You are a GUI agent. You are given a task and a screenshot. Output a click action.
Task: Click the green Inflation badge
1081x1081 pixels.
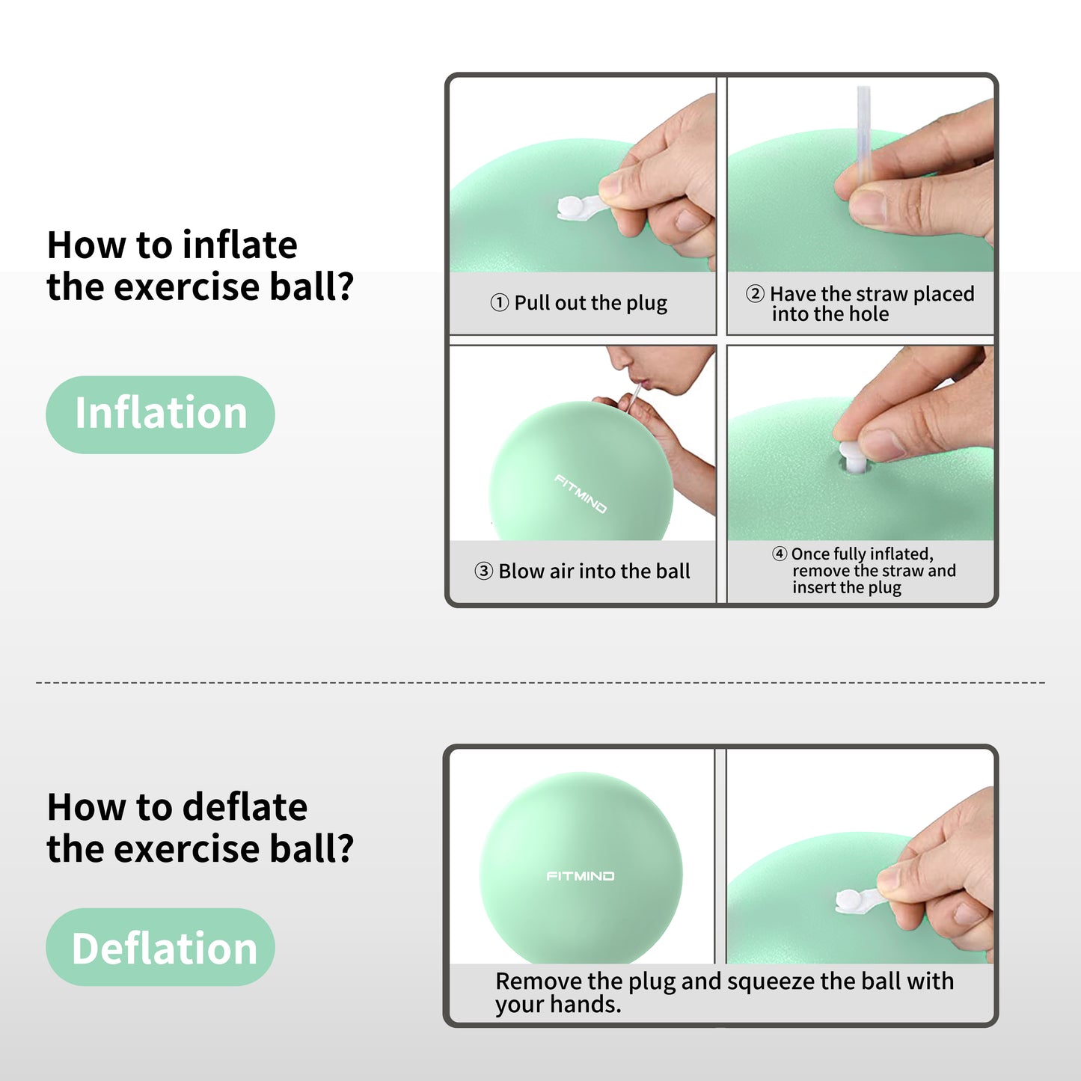pyautogui.click(x=160, y=414)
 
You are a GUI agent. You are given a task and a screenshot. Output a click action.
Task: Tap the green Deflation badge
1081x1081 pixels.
pyautogui.click(x=160, y=947)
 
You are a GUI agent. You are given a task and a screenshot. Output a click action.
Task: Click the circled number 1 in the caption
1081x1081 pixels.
pyautogui.click(x=499, y=303)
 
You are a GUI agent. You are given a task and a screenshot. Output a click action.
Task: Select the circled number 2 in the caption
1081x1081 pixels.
pyautogui.click(x=755, y=293)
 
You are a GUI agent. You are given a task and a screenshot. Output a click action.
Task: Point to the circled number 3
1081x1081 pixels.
pyautogui.click(x=483, y=571)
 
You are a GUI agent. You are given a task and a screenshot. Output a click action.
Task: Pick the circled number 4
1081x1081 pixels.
pyautogui.click(x=780, y=554)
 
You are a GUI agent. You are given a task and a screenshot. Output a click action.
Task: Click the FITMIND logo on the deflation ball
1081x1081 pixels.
pyautogui.click(x=580, y=876)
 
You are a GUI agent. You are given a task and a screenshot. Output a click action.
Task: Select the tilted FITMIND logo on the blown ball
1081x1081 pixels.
pyautogui.click(x=580, y=494)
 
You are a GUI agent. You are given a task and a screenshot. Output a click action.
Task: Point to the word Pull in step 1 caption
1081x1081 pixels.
pyautogui.click(x=531, y=303)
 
